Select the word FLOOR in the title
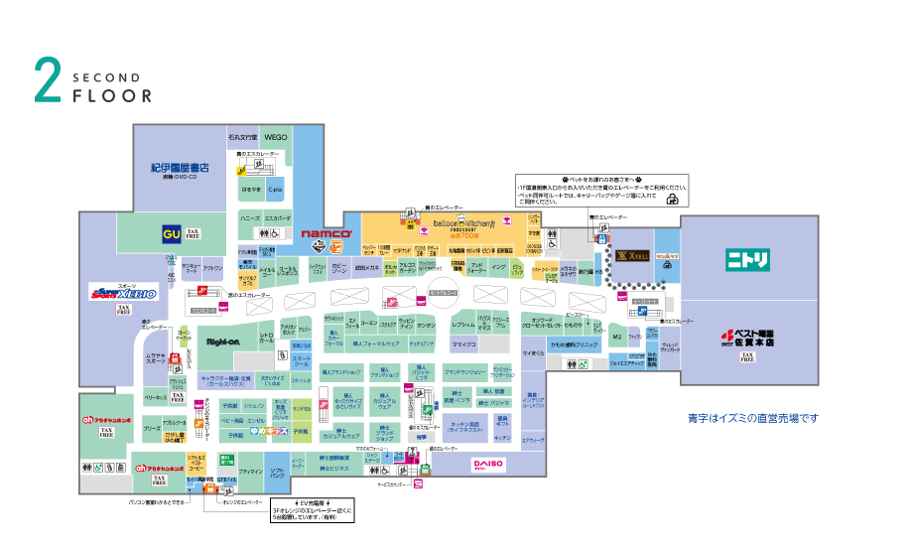[112, 96]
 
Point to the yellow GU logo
[172, 234]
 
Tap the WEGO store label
[276, 137]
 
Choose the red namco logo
[321, 234]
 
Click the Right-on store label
[222, 342]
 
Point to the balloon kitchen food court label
[456, 225]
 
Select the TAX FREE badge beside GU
[193, 234]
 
